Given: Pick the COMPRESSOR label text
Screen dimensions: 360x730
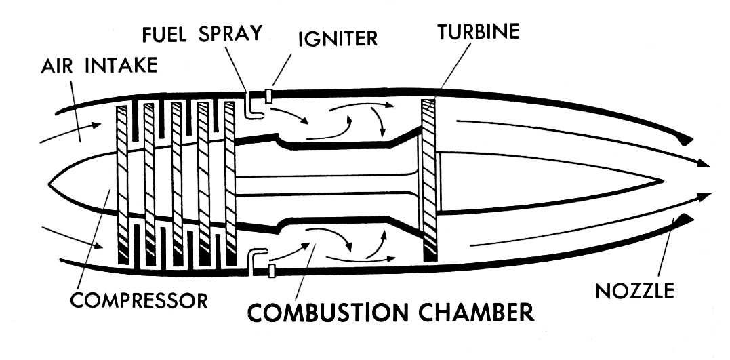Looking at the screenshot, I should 140,299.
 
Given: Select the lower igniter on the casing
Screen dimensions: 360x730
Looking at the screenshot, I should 272,271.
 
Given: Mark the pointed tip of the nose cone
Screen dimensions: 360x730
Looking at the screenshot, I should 51,184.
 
